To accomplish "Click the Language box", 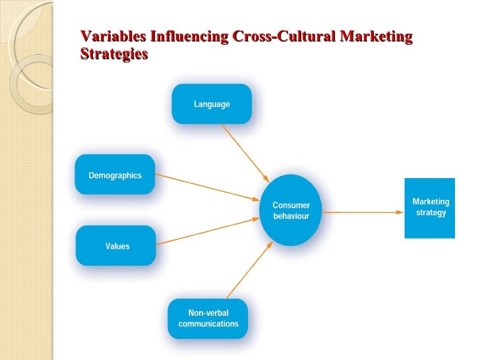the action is [x=212, y=104].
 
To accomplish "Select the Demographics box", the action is [x=115, y=175].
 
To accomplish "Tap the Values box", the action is [x=117, y=246].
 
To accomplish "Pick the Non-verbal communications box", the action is [x=208, y=318].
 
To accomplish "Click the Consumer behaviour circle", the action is [x=291, y=210].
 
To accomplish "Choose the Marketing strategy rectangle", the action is [x=430, y=208].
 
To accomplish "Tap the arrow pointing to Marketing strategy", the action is [x=363, y=212].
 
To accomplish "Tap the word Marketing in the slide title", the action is [x=376, y=37].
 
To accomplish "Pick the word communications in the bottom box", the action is [x=208, y=324].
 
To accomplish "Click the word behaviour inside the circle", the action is [x=291, y=216].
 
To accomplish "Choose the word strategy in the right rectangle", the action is [x=431, y=213].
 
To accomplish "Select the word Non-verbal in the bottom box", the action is [x=208, y=313].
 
